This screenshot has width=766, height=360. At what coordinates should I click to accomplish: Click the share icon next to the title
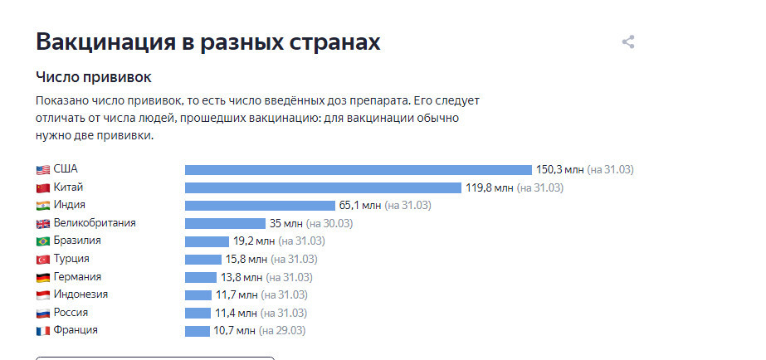point(628,42)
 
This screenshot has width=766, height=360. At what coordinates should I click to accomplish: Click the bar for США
point(358,170)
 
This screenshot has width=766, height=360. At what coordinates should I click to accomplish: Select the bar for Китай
point(322,187)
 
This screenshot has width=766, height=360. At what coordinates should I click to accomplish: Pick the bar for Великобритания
point(224,223)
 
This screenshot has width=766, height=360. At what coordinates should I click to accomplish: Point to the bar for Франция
point(198,331)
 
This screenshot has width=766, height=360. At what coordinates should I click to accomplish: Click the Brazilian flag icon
point(43,241)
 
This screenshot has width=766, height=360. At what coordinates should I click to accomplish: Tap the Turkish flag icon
point(43,260)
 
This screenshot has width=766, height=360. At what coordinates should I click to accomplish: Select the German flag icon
point(43,278)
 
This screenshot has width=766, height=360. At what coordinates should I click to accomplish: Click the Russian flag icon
point(43,314)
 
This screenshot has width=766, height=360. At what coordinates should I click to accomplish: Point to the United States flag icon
point(43,170)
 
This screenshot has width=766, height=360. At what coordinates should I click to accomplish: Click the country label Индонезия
point(81,294)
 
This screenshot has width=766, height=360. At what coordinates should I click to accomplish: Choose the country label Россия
point(71,313)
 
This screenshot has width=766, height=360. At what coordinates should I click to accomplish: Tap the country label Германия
point(77,277)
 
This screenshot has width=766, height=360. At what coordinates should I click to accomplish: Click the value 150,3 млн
point(559,170)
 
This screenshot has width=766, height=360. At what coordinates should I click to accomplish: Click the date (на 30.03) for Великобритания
point(329,223)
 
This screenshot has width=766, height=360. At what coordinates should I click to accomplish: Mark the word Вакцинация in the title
point(105,42)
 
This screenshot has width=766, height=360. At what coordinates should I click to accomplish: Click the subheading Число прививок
point(93,77)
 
